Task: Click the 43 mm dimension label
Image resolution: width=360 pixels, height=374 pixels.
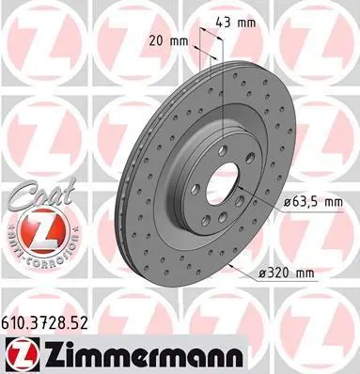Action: [236, 23]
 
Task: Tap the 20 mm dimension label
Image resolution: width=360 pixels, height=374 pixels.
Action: [168, 41]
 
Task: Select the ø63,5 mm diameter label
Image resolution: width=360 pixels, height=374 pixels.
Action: [314, 202]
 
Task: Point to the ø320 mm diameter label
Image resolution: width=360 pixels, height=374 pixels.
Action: [287, 273]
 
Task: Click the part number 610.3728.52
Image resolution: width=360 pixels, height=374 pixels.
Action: [45, 323]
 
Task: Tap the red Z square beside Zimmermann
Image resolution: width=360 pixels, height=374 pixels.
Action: [23, 354]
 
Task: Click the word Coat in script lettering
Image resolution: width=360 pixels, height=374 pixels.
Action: [42, 194]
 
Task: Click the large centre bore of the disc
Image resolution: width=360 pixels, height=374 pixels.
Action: [222, 182]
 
